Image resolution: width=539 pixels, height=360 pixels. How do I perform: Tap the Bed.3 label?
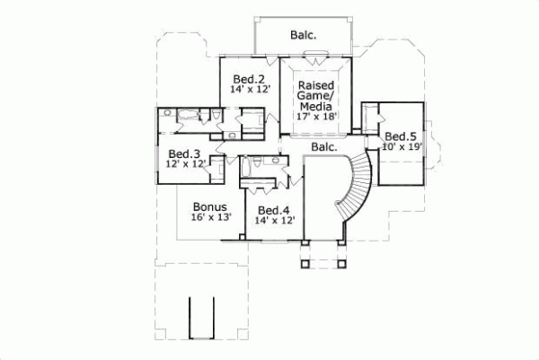click(x=182, y=153)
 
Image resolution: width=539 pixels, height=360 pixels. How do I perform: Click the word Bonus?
click(x=208, y=206)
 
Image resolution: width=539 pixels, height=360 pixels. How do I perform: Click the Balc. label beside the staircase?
click(x=323, y=145)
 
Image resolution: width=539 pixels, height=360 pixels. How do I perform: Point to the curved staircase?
click(x=356, y=189)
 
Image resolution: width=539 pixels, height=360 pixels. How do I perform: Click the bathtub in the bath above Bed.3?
click(x=189, y=114)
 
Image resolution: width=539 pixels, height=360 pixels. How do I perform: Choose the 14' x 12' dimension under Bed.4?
click(x=274, y=220)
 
